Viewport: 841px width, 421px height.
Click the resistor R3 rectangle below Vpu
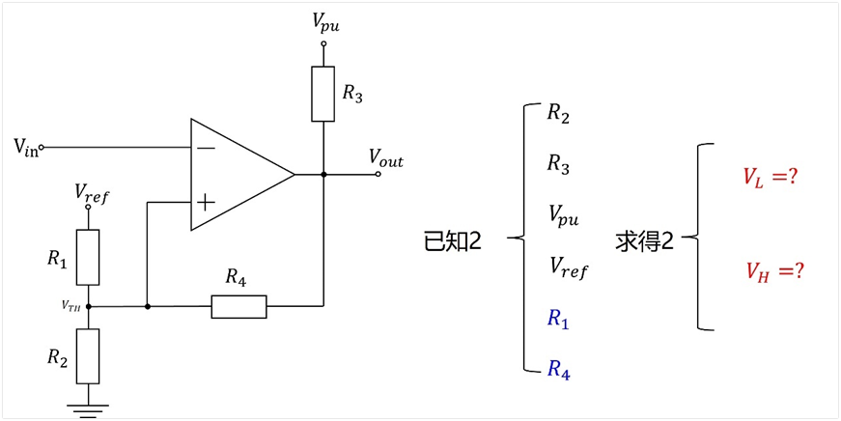pos(322,94)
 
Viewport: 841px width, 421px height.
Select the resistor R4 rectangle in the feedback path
pos(238,307)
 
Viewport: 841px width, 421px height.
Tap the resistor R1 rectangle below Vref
pos(88,258)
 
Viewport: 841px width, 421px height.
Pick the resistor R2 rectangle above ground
pos(88,356)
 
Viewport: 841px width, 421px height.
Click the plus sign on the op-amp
pos(207,202)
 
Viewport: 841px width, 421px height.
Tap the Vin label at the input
pos(26,147)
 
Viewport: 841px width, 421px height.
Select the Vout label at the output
pos(385,158)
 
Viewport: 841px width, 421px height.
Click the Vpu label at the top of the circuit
pos(326,22)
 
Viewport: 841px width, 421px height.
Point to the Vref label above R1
pos(92,192)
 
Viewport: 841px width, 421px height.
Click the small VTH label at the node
pos(70,306)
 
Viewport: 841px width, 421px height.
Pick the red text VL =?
pos(768,178)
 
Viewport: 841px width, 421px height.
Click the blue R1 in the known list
pos(558,319)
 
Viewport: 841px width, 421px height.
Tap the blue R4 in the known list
pos(558,370)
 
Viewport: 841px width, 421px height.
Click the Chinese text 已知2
pos(453,242)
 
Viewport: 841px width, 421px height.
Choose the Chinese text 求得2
pos(644,242)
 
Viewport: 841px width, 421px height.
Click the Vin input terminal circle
pos(42,147)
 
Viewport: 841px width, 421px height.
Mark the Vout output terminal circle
pos(378,175)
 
